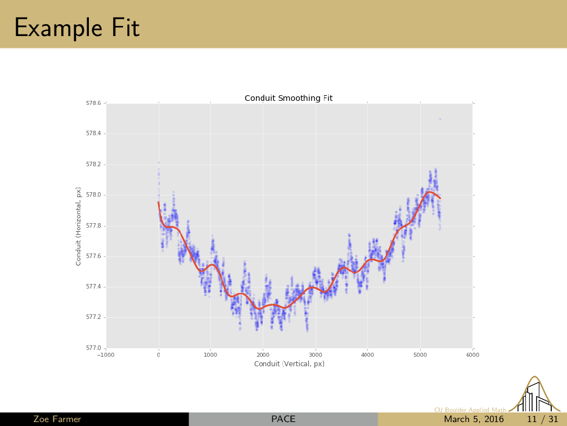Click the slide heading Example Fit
76,26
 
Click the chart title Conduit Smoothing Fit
289,98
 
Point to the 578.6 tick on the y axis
93,103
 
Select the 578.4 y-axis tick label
93,134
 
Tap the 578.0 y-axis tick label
93,195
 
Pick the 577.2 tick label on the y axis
93,317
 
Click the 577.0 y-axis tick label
93,348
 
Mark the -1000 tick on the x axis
106,355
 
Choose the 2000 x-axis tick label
263,355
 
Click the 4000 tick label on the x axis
367,355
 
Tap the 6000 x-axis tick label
472,355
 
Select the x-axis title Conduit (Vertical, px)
289,364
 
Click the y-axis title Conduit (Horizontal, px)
79,226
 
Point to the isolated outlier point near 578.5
440,119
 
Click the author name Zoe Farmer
57,419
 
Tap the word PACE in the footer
283,419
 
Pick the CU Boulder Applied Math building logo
535,394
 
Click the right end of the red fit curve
440,198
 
